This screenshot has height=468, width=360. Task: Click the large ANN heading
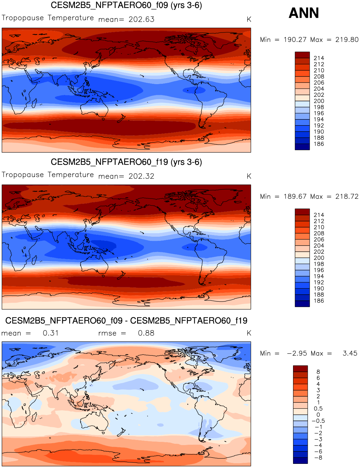(304, 13)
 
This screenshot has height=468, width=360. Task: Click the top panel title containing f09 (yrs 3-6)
(126, 5)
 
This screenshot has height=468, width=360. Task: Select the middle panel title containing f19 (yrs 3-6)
(126, 162)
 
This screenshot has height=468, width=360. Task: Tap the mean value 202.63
(142, 19)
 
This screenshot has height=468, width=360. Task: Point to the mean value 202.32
(142, 176)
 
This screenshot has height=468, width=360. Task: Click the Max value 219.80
(347, 40)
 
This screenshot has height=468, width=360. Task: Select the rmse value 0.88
(146, 333)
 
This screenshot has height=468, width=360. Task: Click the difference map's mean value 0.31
(51, 333)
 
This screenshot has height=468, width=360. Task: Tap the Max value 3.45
(350, 353)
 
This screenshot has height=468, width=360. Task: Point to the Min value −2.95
(297, 353)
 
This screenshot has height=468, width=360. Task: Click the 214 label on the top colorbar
(319, 58)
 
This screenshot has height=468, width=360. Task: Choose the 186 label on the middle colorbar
(319, 301)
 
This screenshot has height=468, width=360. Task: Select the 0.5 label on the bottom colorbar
(318, 409)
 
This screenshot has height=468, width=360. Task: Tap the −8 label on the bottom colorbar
(318, 458)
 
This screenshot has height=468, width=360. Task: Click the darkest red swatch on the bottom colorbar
(300, 369)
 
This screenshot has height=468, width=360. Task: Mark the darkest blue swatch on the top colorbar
(302, 147)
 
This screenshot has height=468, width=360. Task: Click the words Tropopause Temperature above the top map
(48, 18)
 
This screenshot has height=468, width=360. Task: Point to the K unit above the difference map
(249, 333)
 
